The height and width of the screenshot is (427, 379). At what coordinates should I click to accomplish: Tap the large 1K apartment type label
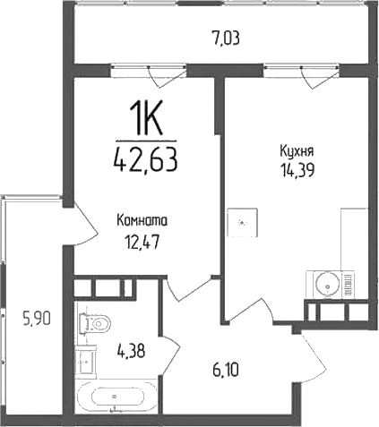pyautogui.click(x=145, y=118)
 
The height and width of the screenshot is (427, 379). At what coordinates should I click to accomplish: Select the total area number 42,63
pyautogui.click(x=145, y=160)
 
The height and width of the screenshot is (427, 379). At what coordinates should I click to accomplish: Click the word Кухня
pyautogui.click(x=296, y=152)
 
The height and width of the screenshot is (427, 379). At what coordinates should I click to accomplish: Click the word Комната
pyautogui.click(x=142, y=220)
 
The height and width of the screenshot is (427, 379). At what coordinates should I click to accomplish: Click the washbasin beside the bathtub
pyautogui.click(x=86, y=362)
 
